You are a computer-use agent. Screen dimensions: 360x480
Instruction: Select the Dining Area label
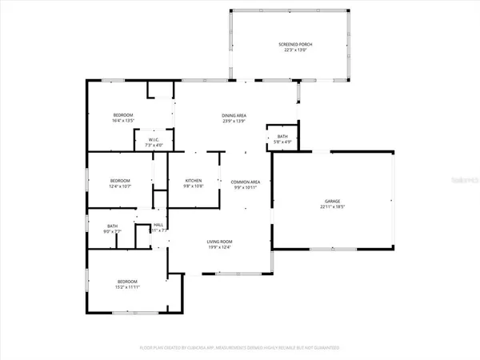tap(234, 116)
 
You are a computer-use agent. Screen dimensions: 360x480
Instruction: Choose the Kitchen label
tap(194, 181)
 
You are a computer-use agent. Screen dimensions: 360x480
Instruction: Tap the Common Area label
tap(246, 181)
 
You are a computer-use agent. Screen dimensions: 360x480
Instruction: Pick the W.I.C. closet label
tap(154, 140)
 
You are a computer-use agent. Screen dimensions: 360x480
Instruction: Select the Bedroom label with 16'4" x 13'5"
tap(122, 115)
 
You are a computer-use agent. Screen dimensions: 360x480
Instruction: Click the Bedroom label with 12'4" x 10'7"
tap(120, 181)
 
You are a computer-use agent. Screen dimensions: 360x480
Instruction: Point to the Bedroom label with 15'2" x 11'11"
tap(127, 282)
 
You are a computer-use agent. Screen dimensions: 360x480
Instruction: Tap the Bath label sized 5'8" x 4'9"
tap(282, 137)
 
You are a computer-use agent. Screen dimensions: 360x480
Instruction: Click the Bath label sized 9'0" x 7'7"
tap(112, 226)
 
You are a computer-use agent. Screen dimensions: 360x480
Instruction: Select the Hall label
tap(158, 225)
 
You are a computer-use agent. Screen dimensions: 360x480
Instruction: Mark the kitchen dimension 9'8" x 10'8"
tap(194, 186)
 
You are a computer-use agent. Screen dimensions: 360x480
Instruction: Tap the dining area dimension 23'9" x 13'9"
tap(234, 122)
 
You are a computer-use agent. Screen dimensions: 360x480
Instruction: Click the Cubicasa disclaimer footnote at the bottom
tap(240, 348)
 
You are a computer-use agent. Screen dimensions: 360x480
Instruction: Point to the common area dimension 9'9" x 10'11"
tap(246, 186)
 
